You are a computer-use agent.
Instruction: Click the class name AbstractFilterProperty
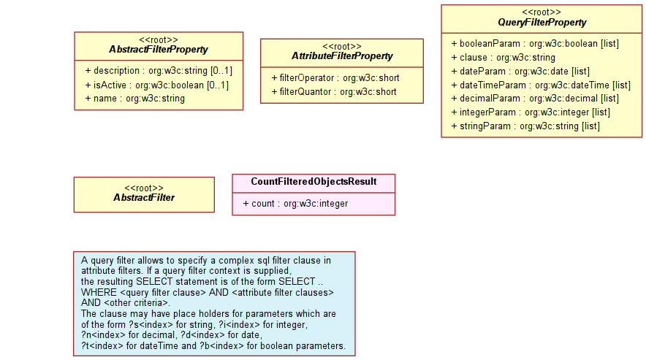coord(159,50)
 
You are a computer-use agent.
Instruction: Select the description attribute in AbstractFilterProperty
coord(159,71)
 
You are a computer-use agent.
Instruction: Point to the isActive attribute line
coord(157,85)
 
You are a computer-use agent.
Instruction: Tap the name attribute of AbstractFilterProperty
coord(135,99)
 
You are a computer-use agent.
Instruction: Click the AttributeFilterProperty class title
coord(342,56)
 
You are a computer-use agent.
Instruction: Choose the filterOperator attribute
coord(335,78)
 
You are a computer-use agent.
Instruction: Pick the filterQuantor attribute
coord(334,92)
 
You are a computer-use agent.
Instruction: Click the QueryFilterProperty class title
coord(541,22)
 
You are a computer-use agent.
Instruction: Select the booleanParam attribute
coord(535,44)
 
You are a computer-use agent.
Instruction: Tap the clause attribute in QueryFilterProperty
coord(503,57)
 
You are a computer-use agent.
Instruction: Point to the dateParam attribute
coord(520,72)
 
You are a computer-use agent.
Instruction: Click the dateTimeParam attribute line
coord(541,85)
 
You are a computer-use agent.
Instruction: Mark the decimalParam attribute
coord(535,99)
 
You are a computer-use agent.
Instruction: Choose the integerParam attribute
coord(531,112)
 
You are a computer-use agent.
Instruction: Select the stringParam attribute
coord(525,126)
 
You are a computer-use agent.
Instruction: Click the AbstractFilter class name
coord(144,198)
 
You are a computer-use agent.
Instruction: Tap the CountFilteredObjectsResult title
coord(313,182)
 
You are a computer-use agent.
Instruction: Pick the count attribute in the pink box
coord(295,204)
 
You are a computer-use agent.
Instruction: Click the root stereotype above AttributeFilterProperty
coord(342,47)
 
